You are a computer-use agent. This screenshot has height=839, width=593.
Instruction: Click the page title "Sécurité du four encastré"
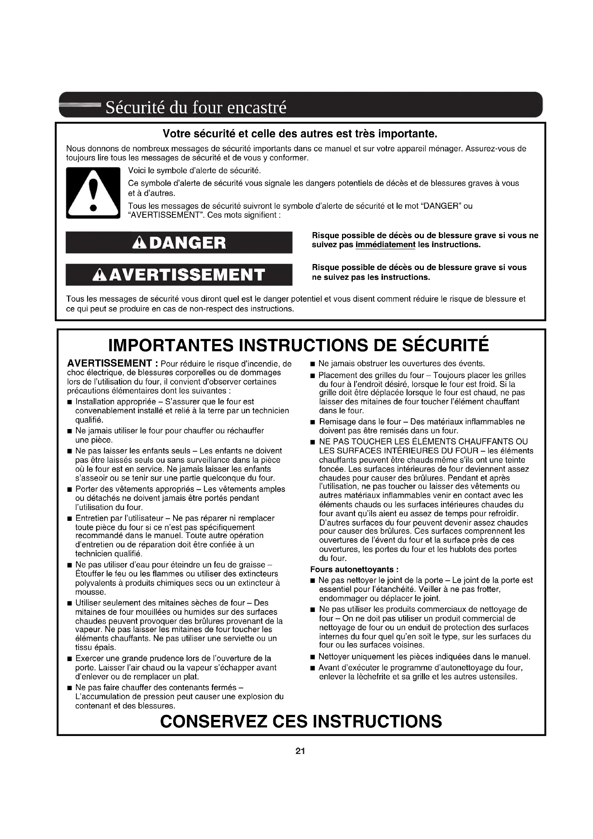click(196, 108)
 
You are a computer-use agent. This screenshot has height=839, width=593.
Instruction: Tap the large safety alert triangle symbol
click(93, 193)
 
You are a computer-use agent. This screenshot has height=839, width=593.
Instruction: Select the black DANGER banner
click(179, 242)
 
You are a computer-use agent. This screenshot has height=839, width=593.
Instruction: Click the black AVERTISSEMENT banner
click(179, 275)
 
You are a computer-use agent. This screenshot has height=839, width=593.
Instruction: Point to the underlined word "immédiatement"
click(385, 245)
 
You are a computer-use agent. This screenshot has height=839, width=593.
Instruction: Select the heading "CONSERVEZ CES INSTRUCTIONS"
click(301, 721)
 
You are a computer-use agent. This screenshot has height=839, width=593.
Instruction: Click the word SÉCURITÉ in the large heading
click(446, 345)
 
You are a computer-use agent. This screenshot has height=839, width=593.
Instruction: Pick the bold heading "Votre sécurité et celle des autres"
click(300, 134)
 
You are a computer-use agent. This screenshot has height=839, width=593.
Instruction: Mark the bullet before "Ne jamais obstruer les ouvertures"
click(312, 364)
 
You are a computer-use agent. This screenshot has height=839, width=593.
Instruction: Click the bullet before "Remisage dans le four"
click(312, 423)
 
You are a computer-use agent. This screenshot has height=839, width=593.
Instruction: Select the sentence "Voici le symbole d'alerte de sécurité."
click(194, 171)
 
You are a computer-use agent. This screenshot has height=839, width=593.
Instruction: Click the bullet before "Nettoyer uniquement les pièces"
click(312, 657)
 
